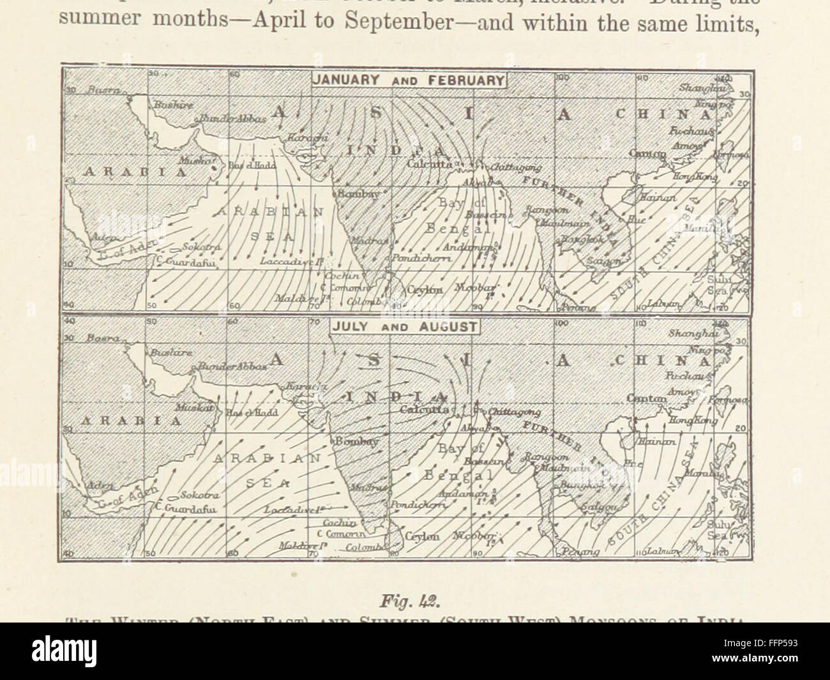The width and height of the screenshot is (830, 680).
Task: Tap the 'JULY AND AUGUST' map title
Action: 405,326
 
